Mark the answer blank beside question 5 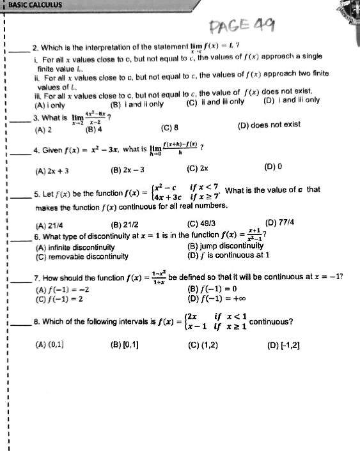click(x=19, y=197)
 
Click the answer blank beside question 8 click(x=19, y=323)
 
